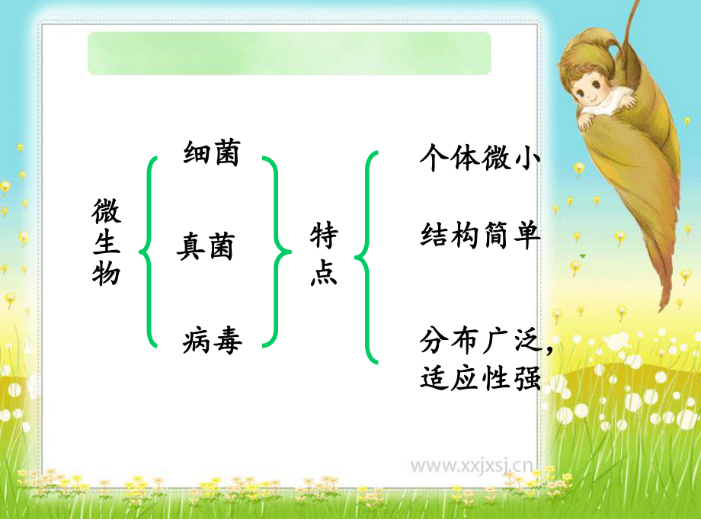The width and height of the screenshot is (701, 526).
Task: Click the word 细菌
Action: coord(211,153)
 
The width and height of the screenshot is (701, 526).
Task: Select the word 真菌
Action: coord(206,247)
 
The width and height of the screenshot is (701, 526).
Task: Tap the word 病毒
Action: coord(212,340)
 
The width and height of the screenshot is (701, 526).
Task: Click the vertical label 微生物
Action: coord(107,242)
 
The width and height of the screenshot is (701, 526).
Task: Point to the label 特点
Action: coord(324,255)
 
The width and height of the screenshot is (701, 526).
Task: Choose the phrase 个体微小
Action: coord(480,158)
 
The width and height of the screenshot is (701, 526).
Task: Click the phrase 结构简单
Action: coord(480,236)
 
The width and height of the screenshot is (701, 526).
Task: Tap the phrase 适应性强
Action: coord(480,377)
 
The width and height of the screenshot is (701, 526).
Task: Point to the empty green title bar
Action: coord(290,53)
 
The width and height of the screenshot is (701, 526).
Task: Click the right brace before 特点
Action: coord(275,250)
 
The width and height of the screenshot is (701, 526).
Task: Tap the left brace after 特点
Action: coord(367,256)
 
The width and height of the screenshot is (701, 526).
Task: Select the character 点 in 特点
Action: coord(324,273)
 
